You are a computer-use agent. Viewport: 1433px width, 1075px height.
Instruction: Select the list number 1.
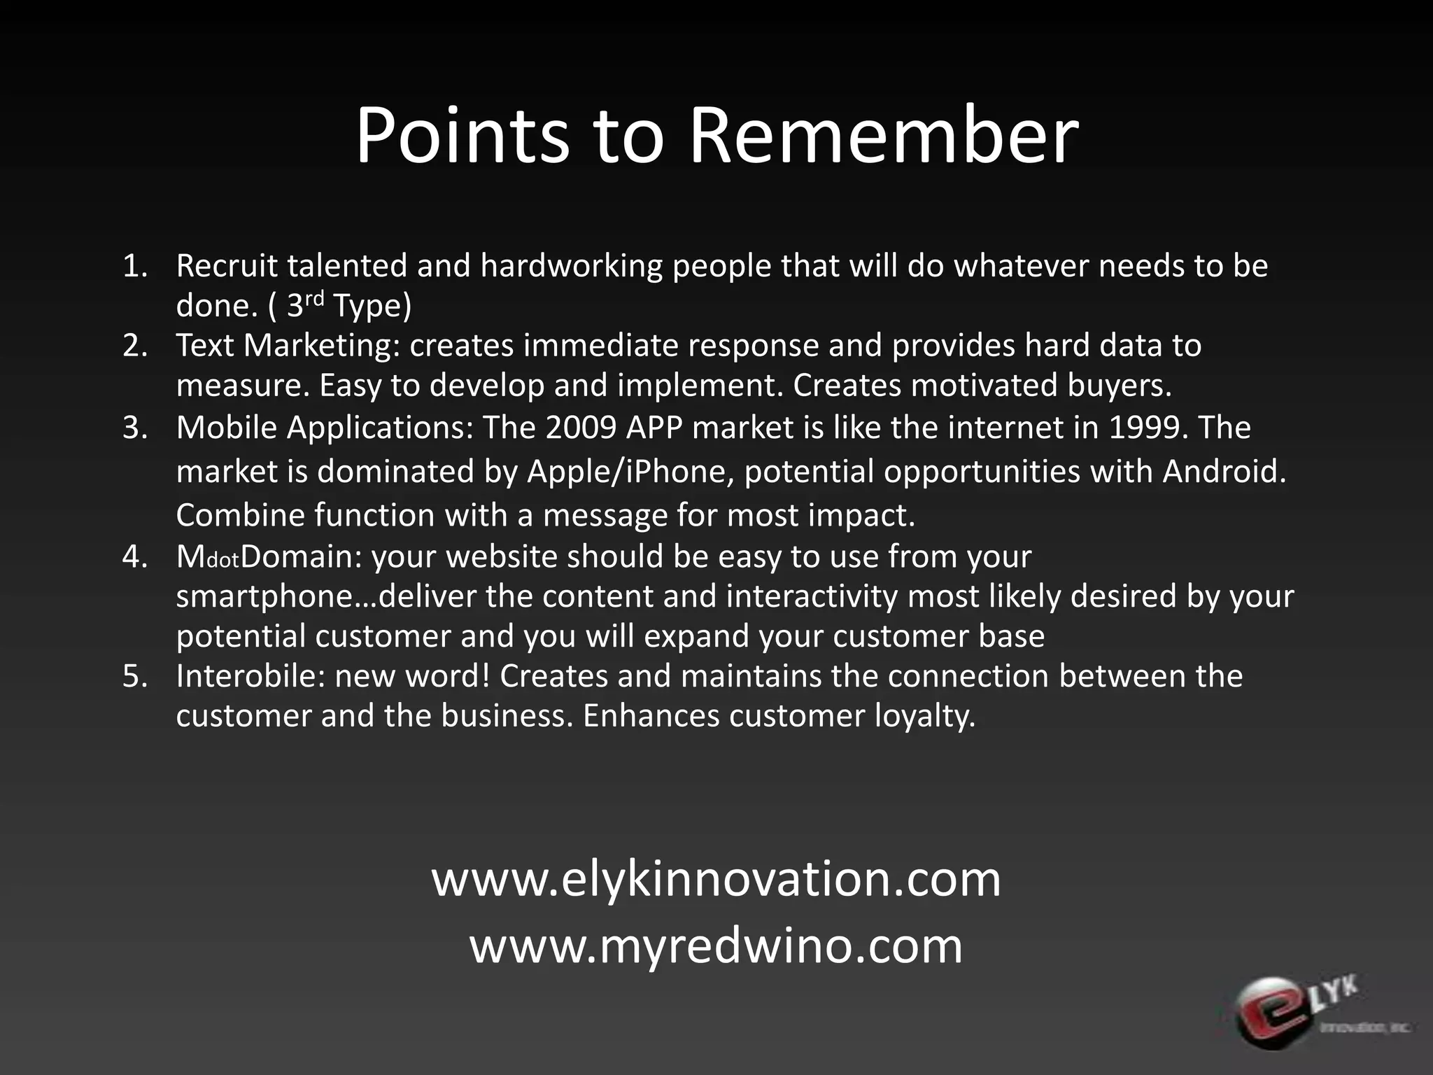click(134, 266)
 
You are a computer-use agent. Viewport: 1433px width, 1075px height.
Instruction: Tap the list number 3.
click(134, 428)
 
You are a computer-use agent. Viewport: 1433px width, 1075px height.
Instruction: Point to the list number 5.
click(134, 676)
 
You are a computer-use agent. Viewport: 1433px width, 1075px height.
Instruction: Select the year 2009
click(581, 428)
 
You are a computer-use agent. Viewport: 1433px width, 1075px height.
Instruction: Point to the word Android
click(1224, 472)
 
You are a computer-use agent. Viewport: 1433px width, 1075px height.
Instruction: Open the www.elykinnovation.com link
click(716, 879)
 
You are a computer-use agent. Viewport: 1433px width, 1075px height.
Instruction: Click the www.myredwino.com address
click(716, 946)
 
